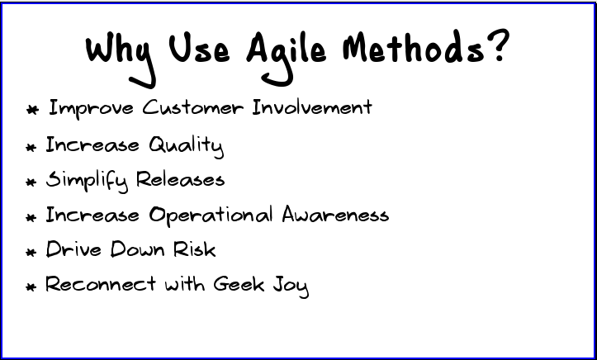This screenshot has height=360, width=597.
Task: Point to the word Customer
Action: coord(192,107)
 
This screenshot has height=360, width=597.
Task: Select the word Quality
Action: coord(186,146)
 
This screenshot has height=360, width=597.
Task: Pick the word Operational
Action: coord(211,216)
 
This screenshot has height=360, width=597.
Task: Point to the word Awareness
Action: coord(335,216)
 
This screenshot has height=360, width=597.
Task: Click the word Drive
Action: coord(73,249)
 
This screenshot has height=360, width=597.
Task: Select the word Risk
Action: coord(194,249)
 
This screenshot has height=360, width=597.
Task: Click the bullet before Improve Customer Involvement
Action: coord(32,109)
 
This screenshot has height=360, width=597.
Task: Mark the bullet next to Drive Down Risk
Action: coord(31,252)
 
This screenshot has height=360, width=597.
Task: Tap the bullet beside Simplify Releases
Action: coord(31,182)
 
